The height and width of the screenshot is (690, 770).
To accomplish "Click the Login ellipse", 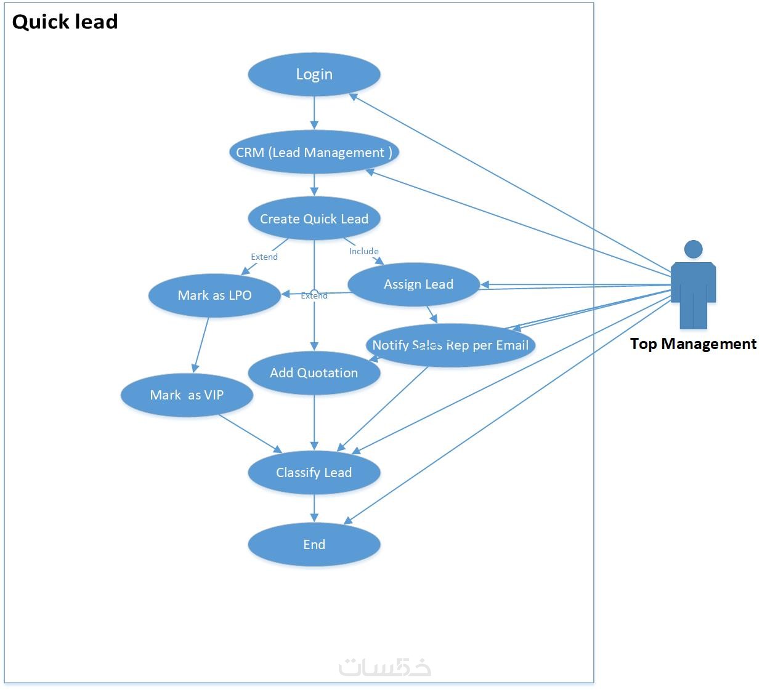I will (314, 74).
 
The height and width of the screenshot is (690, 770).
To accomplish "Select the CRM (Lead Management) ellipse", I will (314, 152).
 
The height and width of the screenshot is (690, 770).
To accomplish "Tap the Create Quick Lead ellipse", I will (314, 219).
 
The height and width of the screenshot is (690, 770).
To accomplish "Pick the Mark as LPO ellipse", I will (214, 295).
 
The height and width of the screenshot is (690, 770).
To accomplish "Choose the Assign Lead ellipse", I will (413, 284).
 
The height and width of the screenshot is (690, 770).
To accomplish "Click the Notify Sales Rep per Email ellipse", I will (451, 345).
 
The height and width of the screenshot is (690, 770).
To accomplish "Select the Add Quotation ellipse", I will (314, 372).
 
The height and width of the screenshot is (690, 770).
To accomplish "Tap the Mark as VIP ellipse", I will (187, 395).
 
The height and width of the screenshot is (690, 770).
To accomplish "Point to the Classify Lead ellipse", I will (314, 472).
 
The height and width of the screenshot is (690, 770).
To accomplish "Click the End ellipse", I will (314, 544).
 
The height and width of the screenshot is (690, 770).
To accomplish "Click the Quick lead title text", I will (65, 22).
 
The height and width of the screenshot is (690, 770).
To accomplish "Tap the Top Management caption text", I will (693, 343).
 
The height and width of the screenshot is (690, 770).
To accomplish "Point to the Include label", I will (364, 251).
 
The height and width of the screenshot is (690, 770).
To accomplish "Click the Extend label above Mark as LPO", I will (264, 257).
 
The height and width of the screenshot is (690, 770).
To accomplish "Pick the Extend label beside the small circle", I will (314, 296).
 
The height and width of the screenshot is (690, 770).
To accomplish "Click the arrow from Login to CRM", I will (314, 113).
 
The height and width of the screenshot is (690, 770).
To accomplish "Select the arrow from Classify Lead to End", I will (314, 508).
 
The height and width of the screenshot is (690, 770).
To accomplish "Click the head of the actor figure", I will (694, 249).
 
